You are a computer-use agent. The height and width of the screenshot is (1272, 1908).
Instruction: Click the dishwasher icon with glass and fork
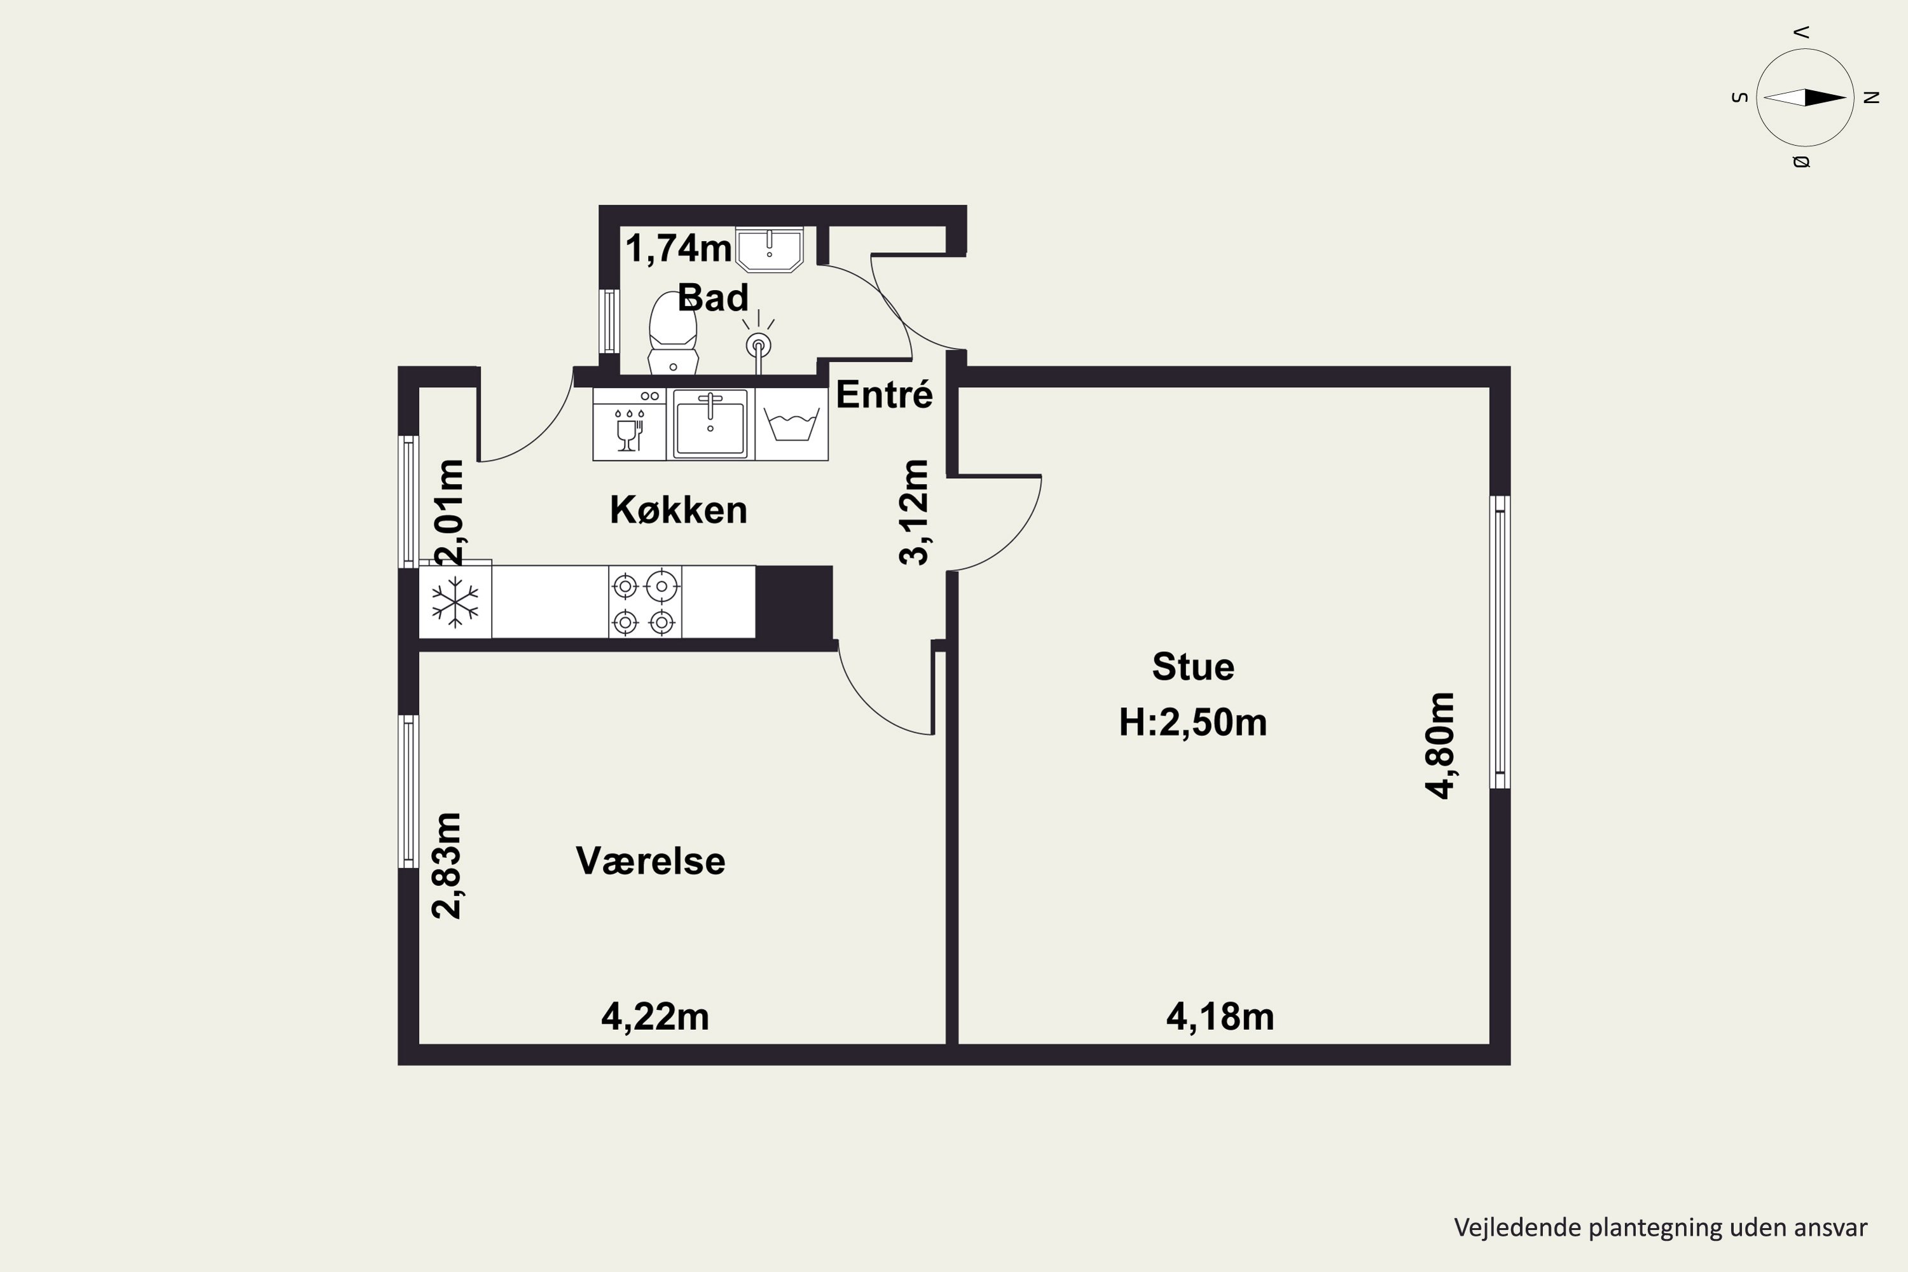tap(630, 424)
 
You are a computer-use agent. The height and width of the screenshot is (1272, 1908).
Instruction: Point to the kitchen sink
tap(710, 424)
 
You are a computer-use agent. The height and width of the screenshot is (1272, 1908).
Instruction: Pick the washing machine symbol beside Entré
tap(792, 424)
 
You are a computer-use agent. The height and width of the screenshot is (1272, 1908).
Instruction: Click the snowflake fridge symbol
tap(455, 602)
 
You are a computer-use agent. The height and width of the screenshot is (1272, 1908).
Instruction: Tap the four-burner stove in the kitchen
tap(645, 602)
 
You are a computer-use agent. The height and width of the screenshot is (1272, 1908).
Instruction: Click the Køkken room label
tap(678, 510)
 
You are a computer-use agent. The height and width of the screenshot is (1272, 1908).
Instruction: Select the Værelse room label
tap(651, 861)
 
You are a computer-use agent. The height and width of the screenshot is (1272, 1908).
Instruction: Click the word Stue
tap(1193, 667)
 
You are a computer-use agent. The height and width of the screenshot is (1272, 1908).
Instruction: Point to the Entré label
tap(884, 394)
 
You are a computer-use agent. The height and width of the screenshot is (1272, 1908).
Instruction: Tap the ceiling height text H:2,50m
tap(1192, 722)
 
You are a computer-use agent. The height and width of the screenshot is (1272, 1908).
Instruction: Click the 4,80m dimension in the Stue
tap(1441, 745)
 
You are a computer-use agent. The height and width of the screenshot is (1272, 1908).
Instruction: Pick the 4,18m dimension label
tap(1220, 1016)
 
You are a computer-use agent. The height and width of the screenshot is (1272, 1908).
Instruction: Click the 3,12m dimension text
tap(915, 512)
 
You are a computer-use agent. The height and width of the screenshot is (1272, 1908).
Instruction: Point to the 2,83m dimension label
tap(447, 866)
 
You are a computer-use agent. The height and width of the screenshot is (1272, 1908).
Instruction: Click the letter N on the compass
tap(1872, 97)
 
